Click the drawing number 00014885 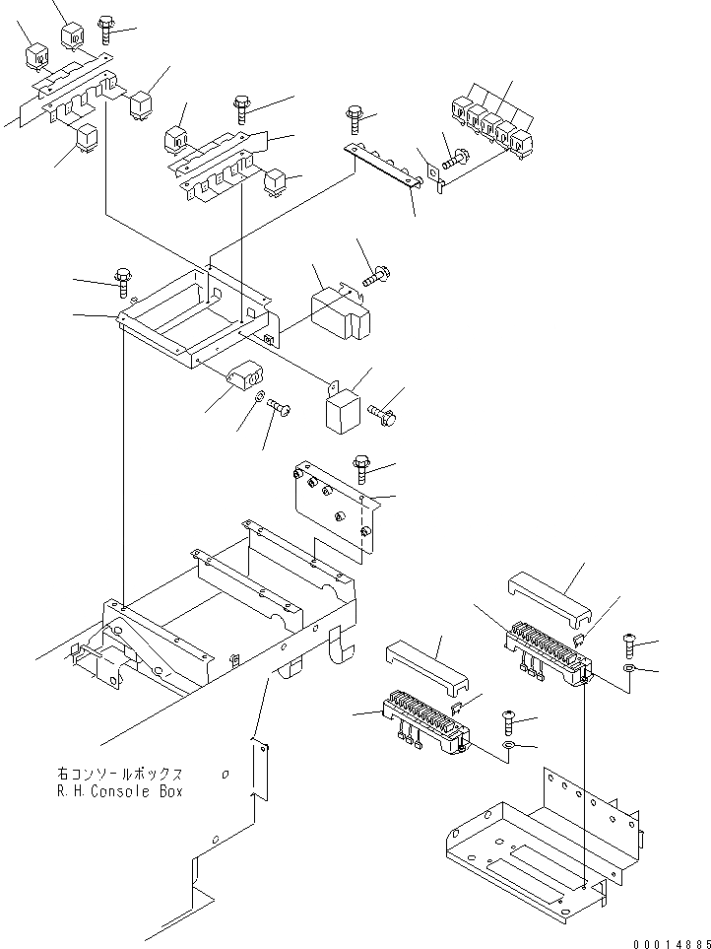(666, 942)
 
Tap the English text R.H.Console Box (119, 791)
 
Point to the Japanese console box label (119, 775)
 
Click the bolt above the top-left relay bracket (106, 31)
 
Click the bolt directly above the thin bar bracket (355, 120)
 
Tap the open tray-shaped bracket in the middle (197, 315)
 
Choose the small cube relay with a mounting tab (342, 409)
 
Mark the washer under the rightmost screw (628, 670)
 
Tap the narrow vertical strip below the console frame (259, 769)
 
